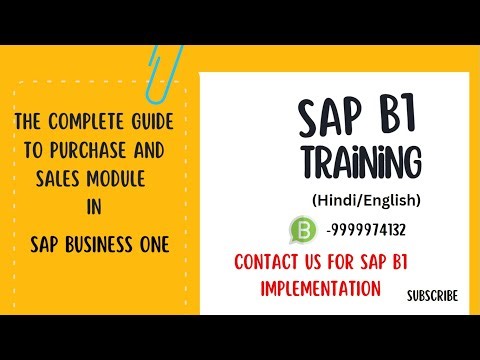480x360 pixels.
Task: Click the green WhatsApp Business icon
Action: (302, 229)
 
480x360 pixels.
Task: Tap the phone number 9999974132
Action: (366, 230)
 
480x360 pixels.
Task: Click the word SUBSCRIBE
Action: (432, 295)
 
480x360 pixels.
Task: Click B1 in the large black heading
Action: (395, 120)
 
